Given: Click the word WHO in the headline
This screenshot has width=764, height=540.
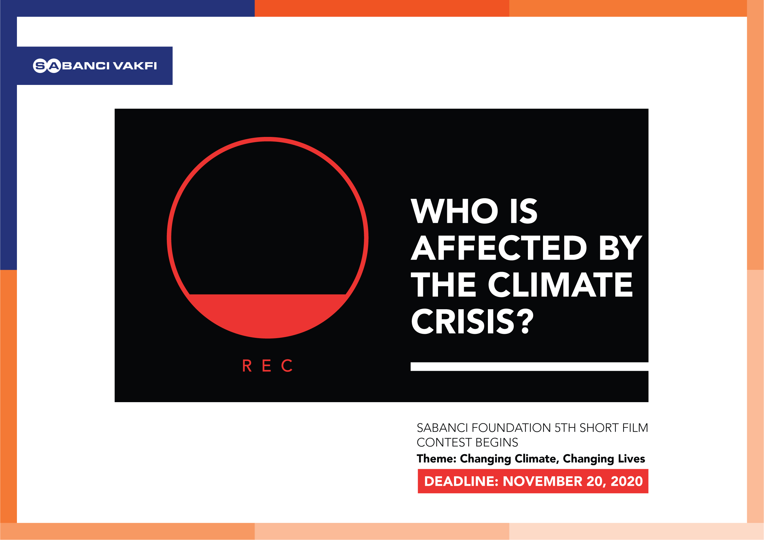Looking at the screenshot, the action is pyautogui.click(x=454, y=211).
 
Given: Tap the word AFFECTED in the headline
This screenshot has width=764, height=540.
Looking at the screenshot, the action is pyautogui.click(x=499, y=248).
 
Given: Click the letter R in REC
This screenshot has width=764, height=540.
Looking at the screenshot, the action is pyautogui.click(x=247, y=366).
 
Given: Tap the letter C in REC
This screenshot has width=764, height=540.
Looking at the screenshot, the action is pyautogui.click(x=287, y=366).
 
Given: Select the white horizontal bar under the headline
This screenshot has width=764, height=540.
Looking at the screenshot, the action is pyautogui.click(x=529, y=367).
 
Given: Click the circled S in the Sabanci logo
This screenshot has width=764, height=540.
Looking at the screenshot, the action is pyautogui.click(x=40, y=66).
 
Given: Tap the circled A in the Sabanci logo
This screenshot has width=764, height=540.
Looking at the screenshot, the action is pyautogui.click(x=54, y=66).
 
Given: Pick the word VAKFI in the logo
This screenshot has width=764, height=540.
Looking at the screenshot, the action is pyautogui.click(x=135, y=66).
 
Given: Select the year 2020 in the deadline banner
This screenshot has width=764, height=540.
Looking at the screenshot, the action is pyautogui.click(x=627, y=482).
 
